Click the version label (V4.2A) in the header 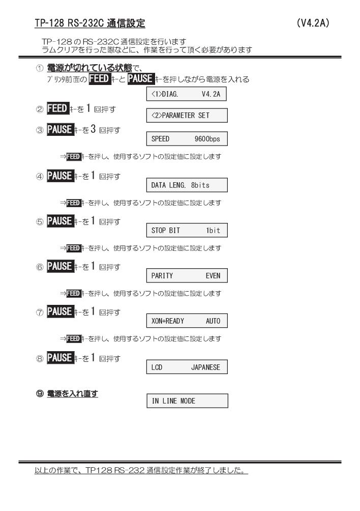pos(313,23)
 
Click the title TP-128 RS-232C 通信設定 pos(90,23)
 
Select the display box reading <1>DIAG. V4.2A pos(186,94)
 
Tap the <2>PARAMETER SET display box pos(187,116)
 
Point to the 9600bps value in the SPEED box pos(207,139)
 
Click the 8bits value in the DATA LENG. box pos(200,185)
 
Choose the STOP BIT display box pos(187,231)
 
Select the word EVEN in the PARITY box pos(213,276)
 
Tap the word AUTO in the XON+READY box pos(213,321)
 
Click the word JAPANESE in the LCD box pos(205,367)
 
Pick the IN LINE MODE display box pos(187,401)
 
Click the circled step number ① pos(39,68)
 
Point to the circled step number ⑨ pos(39,393)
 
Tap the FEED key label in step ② pos(57,108)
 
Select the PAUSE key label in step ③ pos(60,129)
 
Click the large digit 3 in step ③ pos(93,129)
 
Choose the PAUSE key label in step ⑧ pos(60,358)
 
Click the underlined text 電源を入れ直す pos(72,393)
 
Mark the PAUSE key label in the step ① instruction pos(141,78)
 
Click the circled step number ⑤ pos(39,222)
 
